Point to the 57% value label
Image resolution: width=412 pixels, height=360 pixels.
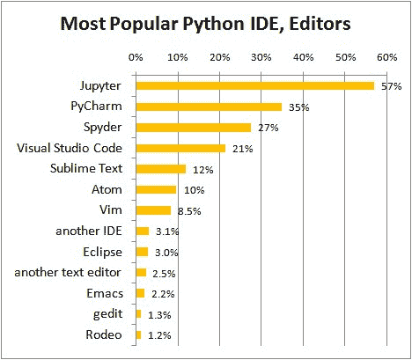coord(391,87)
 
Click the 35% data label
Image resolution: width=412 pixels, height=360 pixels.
coord(298,107)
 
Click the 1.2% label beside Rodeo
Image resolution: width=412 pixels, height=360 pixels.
coord(158,335)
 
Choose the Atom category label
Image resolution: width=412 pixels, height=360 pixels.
coord(107,189)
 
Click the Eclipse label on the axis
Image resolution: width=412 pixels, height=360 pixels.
coord(102,252)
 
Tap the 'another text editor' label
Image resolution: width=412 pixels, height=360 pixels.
coord(69,272)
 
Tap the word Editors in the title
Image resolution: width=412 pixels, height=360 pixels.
coord(322,24)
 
